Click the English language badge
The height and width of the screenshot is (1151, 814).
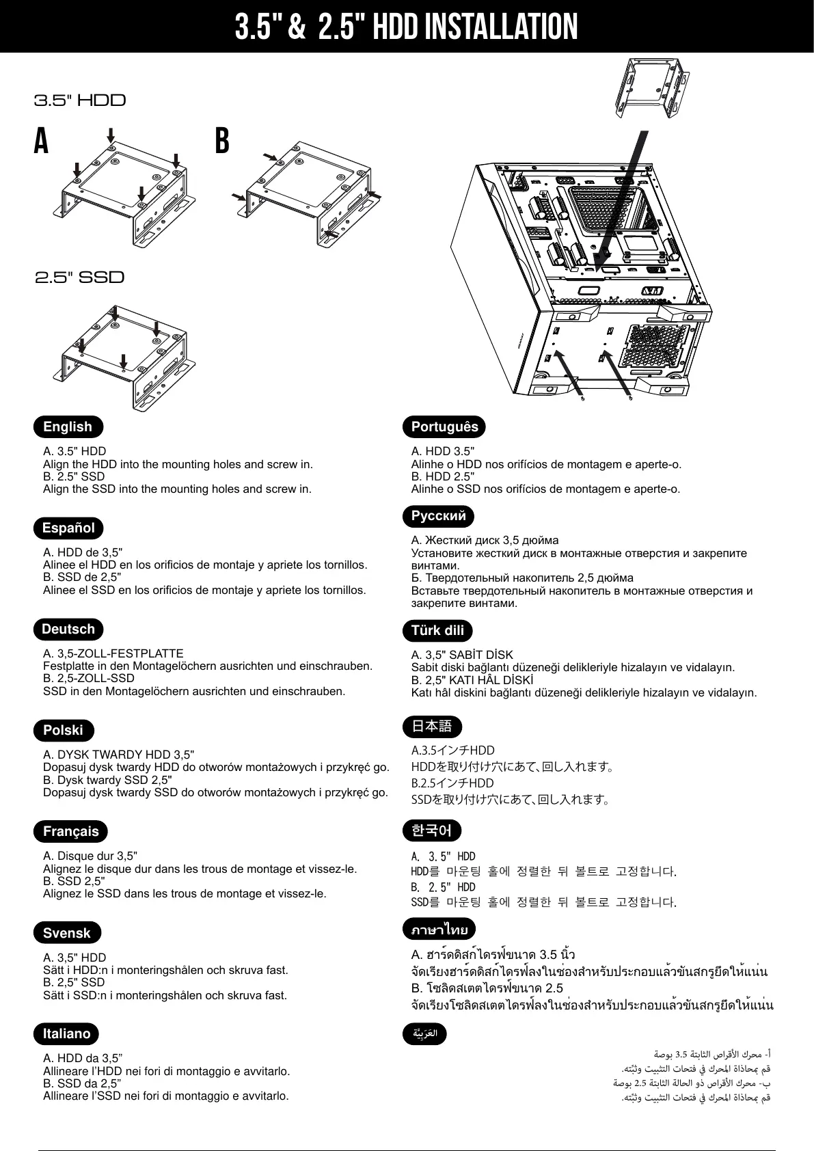click(x=68, y=426)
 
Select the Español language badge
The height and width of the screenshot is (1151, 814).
click(x=68, y=528)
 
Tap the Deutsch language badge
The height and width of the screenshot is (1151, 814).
click(x=68, y=629)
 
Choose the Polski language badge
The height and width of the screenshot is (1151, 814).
click(x=63, y=730)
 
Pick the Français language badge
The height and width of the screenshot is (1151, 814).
click(x=70, y=831)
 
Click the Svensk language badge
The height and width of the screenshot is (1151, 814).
click(x=66, y=933)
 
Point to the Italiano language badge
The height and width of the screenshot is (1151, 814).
click(x=66, y=1033)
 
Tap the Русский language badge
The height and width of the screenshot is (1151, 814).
click(x=438, y=516)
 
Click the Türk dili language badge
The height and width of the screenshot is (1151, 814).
click(x=437, y=630)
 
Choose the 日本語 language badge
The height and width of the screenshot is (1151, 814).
click(x=432, y=726)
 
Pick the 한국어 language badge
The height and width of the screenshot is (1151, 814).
click(x=432, y=830)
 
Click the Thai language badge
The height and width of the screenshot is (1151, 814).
click(x=439, y=930)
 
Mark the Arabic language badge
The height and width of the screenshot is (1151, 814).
click(x=424, y=1033)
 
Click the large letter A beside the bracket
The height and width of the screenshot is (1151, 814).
click(x=41, y=141)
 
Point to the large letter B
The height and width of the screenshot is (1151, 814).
click(x=221, y=141)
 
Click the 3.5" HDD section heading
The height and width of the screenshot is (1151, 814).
click(x=80, y=100)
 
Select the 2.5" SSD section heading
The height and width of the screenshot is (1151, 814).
click(x=79, y=277)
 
